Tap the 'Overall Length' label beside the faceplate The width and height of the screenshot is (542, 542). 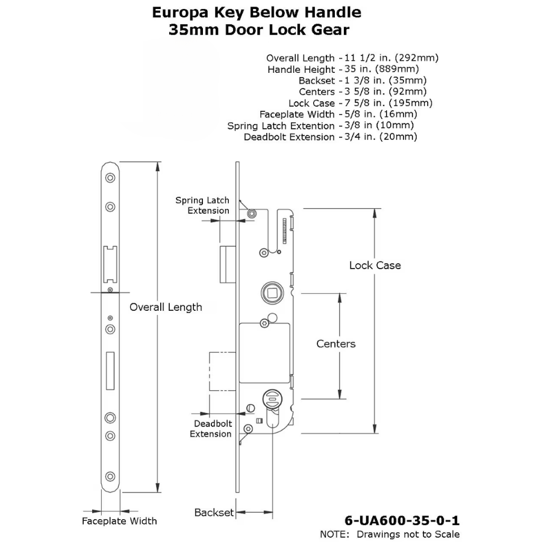coord(166,307)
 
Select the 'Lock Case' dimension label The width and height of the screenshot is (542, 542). coord(375,265)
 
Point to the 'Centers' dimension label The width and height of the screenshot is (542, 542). coord(336,344)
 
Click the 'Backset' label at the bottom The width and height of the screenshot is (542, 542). coord(213,512)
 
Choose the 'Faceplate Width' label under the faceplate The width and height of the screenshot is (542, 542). coord(119,521)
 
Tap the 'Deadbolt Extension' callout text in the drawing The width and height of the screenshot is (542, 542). coord(211,429)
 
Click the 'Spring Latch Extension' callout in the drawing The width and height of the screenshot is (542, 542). coord(202,205)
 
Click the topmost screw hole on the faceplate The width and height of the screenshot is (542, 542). coord(110,179)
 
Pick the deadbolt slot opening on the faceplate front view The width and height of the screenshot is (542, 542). coord(110,369)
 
